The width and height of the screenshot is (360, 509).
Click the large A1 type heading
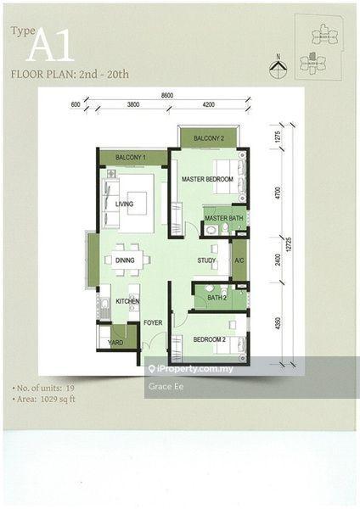[x=49, y=47]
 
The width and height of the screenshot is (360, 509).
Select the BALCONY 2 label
[x=208, y=138]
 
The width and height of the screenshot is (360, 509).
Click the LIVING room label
[x=125, y=204]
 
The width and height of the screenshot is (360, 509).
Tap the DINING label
[x=125, y=260]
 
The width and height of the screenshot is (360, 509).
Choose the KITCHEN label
[x=127, y=301]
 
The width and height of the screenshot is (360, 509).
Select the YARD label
[x=115, y=343]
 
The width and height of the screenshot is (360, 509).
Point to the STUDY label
[x=206, y=260]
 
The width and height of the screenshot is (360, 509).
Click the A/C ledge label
[x=239, y=260]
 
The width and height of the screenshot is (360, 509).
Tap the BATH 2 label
[x=217, y=298]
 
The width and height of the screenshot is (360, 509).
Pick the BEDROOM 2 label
[x=209, y=339]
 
